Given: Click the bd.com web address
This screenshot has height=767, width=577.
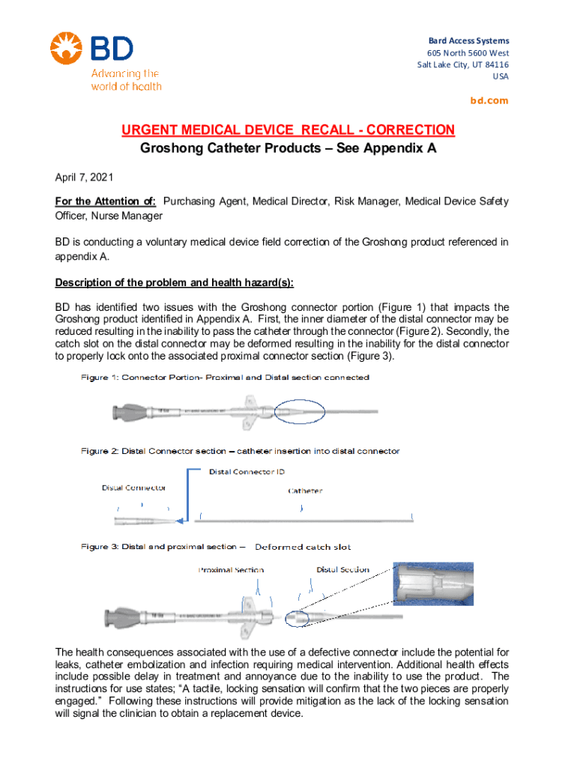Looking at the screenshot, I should pyautogui.click(x=489, y=100).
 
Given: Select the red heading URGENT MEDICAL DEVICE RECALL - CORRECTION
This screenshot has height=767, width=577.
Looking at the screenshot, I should pyautogui.click(x=288, y=130).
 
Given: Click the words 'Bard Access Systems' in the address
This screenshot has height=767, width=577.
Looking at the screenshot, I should pyautogui.click(x=468, y=40).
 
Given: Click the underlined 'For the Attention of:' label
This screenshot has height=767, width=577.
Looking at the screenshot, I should pyautogui.click(x=105, y=201).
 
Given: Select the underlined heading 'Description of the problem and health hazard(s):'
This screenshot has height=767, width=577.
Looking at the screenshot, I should pyautogui.click(x=175, y=282).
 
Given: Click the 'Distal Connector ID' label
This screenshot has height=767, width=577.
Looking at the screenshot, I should pyautogui.click(x=247, y=472).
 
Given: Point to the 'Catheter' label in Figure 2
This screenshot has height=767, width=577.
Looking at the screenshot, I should pyautogui.click(x=306, y=491).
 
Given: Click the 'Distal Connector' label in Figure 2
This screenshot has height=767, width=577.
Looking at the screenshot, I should pyautogui.click(x=134, y=488).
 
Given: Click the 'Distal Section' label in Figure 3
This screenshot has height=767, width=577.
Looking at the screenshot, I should pyautogui.click(x=343, y=569).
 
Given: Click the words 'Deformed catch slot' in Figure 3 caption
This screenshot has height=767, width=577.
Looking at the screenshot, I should pyautogui.click(x=303, y=547).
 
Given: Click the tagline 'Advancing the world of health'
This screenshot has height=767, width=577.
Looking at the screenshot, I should pyautogui.click(x=126, y=80).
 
